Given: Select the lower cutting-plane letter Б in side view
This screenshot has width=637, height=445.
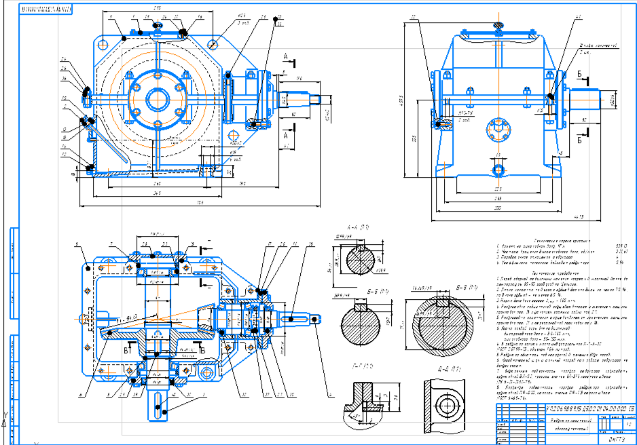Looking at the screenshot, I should point(578,142).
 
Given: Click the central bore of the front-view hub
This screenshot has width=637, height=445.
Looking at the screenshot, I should point(157,95).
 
